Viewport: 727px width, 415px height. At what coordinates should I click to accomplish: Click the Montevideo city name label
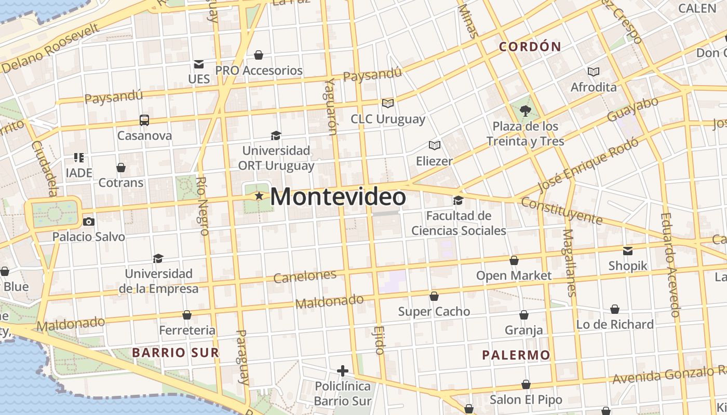coord(338,197)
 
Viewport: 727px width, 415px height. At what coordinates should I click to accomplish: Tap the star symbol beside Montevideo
coord(259,196)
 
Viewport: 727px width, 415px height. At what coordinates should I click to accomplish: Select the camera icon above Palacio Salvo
coord(89,222)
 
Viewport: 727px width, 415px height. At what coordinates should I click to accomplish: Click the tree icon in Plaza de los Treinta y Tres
coord(525,110)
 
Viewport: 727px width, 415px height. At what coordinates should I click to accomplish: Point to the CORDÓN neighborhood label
coord(530,47)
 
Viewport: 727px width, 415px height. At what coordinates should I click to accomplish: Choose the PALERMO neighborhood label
coord(516,355)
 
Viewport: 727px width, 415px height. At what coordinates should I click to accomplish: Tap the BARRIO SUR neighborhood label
coord(175,353)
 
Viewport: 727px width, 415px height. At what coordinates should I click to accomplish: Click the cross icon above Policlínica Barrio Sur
coord(342,371)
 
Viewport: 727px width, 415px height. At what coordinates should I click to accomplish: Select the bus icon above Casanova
coord(144,120)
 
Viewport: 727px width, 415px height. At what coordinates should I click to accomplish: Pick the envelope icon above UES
coord(198,64)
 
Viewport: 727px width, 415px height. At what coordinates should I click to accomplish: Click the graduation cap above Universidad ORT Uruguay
coord(276,136)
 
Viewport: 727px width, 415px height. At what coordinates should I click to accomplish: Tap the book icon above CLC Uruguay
coord(387,103)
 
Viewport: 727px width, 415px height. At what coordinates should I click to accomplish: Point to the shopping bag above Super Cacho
coord(434,296)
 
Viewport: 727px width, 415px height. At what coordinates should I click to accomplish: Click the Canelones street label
coord(305,276)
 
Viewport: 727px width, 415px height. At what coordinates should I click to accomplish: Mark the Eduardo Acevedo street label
coord(670,265)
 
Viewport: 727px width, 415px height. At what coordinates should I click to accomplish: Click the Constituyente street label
coord(561,211)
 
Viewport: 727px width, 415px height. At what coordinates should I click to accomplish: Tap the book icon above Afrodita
coord(593,72)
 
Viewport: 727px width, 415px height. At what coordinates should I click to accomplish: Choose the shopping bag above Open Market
coord(514,260)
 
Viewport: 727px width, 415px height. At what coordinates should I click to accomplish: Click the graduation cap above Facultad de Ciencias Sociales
coord(458,200)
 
